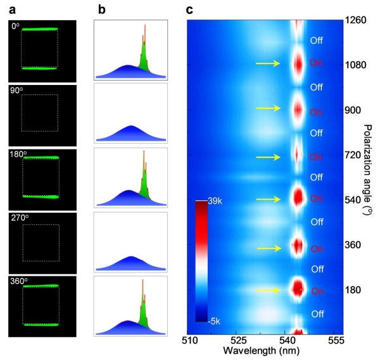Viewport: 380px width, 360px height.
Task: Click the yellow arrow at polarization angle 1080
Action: coord(267,63)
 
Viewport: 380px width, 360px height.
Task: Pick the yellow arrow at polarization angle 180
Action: coord(267,290)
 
